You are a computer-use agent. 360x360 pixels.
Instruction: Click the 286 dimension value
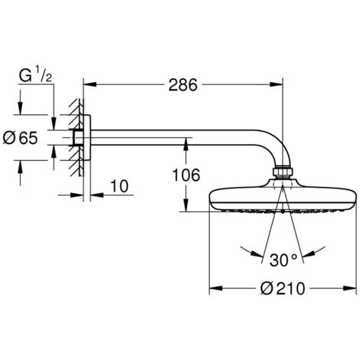[x=183, y=85]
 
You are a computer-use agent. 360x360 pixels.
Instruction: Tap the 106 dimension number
[x=186, y=175]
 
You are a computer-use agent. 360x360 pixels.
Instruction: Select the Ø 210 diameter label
[x=283, y=289]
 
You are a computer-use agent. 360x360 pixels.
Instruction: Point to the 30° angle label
[x=283, y=260]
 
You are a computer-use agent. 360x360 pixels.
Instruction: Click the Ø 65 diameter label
[x=20, y=138]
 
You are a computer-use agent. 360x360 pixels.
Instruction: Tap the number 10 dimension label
[x=119, y=186]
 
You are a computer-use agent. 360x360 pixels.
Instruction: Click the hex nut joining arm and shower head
[x=283, y=172]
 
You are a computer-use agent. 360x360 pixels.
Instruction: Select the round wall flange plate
[x=87, y=138]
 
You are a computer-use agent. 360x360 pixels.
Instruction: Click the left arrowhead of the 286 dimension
[x=90, y=84]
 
